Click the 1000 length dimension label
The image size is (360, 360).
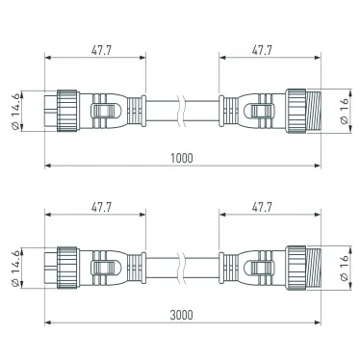[182, 158]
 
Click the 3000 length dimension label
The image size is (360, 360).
[182, 315]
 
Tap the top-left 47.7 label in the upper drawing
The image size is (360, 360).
[101, 50]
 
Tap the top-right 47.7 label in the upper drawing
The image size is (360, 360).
[262, 50]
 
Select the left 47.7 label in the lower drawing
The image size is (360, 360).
[101, 207]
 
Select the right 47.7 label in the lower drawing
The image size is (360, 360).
[262, 207]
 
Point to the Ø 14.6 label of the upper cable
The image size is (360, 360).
[15, 111]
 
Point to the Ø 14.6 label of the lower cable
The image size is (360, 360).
[15, 269]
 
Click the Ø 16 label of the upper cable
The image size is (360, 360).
[344, 111]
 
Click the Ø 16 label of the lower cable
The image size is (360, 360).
[344, 268]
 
